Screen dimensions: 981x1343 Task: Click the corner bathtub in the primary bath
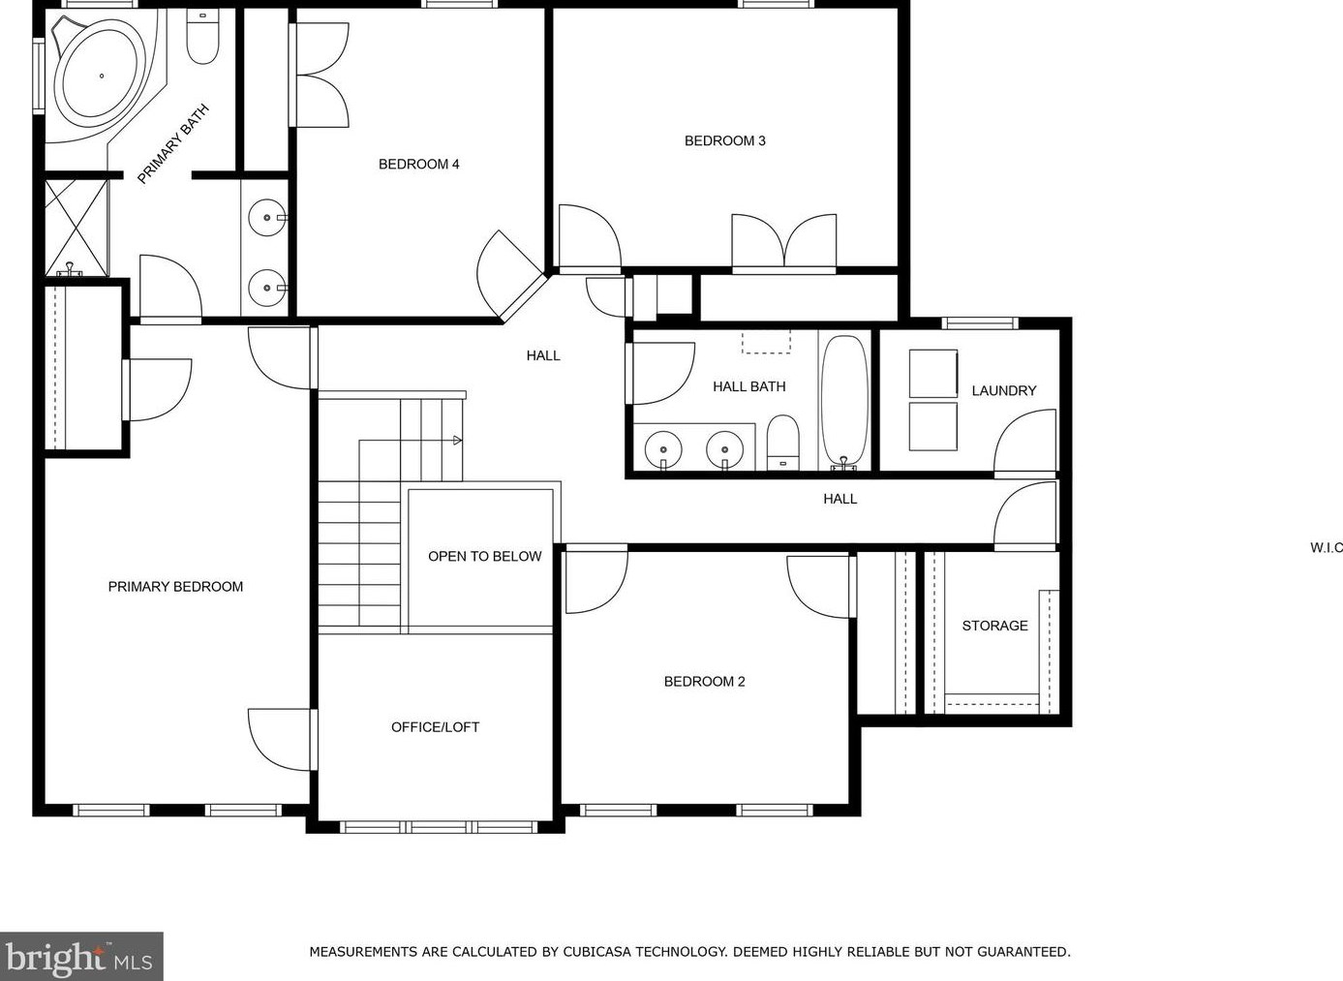[100, 77]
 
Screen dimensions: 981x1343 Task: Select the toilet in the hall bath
[782, 442]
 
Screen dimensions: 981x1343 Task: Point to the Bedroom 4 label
[418, 165]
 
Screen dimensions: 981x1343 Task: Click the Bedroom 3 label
[724, 141]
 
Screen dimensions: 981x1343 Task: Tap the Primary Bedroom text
[175, 587]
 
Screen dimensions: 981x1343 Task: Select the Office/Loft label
[435, 727]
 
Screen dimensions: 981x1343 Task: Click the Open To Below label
[484, 557]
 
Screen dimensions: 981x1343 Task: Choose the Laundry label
[1003, 391]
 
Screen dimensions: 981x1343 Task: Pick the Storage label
[994, 627]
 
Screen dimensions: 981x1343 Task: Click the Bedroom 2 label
[704, 682]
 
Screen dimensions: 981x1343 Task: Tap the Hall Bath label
[748, 387]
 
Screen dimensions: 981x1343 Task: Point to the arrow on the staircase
[457, 441]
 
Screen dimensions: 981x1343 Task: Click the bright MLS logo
[81, 957]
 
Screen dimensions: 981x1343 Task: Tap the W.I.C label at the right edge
[1326, 548]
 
